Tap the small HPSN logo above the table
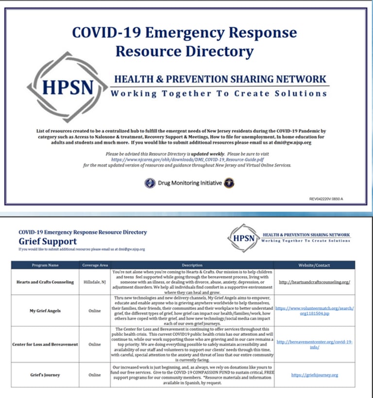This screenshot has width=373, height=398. (x=243, y=238)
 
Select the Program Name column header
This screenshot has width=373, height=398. (x=45, y=265)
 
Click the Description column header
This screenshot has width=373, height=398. (x=192, y=265)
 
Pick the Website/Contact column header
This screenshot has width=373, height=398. (x=315, y=265)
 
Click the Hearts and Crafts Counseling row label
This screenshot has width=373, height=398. (x=45, y=282)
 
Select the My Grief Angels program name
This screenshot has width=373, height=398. (x=45, y=311)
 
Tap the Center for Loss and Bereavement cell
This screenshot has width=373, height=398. (x=45, y=344)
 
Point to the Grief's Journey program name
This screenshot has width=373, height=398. (x=45, y=375)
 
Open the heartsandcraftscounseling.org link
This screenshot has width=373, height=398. (x=315, y=282)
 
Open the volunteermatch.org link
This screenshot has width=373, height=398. (x=315, y=311)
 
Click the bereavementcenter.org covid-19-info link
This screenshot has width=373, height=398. (x=315, y=344)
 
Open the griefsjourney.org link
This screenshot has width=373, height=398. (x=315, y=375)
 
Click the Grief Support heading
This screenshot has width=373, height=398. (x=48, y=241)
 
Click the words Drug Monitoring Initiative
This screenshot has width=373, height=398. (x=189, y=183)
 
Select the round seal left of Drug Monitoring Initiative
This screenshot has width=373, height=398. (x=150, y=183)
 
